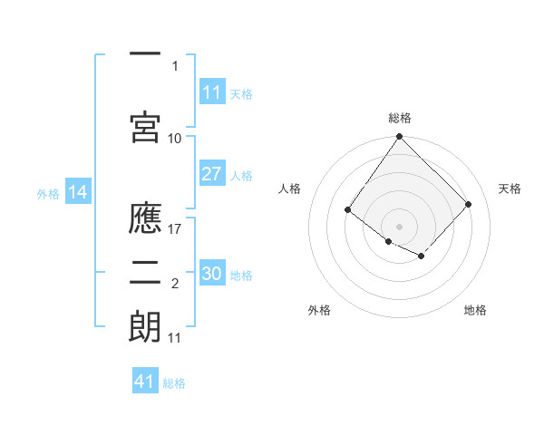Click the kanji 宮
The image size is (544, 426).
pyautogui.click(x=145, y=127)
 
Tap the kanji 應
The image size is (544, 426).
pyautogui.click(x=145, y=218)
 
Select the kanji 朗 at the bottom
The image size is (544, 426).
pyautogui.click(x=145, y=326)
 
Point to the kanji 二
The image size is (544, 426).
pyautogui.click(x=145, y=273)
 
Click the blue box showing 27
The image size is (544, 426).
pyautogui.click(x=212, y=173)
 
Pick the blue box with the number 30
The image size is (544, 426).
pyautogui.click(x=212, y=272)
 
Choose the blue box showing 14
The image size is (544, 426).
pyautogui.click(x=78, y=191)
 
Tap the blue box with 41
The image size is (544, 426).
pyautogui.click(x=145, y=380)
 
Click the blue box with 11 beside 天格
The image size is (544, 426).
pyautogui.click(x=212, y=92)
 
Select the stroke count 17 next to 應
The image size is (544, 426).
pyautogui.click(x=174, y=229)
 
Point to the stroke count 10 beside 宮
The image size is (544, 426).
pyautogui.click(x=174, y=139)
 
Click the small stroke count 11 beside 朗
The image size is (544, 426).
pyautogui.click(x=174, y=338)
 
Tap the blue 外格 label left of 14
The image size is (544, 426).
pyautogui.click(x=48, y=194)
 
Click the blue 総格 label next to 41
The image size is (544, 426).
pyautogui.click(x=174, y=383)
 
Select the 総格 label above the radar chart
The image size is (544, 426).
pyautogui.click(x=400, y=118)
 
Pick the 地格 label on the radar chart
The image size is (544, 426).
pyautogui.click(x=475, y=310)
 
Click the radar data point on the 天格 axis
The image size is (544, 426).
pyautogui.click(x=468, y=204)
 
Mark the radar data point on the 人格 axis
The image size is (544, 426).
pyautogui.click(x=347, y=209)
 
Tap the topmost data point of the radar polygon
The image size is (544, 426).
pyautogui.click(x=399, y=136)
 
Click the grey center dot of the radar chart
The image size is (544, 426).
pyautogui.click(x=399, y=227)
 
